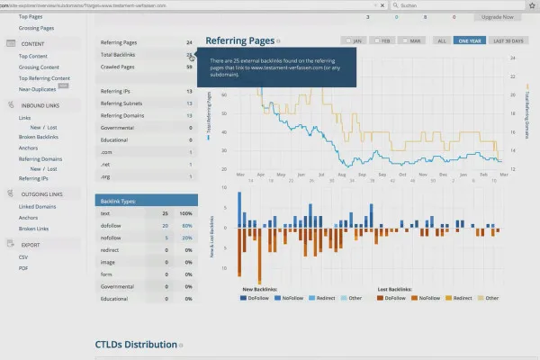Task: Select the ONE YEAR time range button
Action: (x=469, y=40)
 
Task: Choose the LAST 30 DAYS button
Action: (x=509, y=40)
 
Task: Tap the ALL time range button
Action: (x=442, y=40)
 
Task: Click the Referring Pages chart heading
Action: (x=239, y=40)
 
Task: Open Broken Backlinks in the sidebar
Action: (x=38, y=136)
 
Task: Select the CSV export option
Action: (x=24, y=256)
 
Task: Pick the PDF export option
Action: (x=24, y=268)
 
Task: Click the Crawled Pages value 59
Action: (x=189, y=67)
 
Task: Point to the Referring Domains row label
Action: (x=124, y=115)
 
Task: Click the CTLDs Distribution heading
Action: (x=135, y=345)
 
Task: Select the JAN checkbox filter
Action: (x=353, y=40)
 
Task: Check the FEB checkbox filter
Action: (x=381, y=40)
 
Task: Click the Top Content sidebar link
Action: (x=33, y=56)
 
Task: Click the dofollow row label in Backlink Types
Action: (x=111, y=225)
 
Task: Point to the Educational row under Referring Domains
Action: (x=115, y=139)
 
